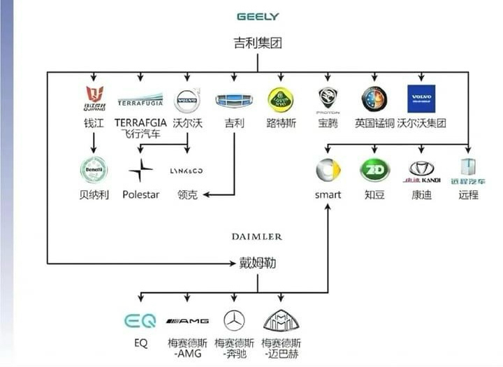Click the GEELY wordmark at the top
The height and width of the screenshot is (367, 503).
click(x=258, y=16)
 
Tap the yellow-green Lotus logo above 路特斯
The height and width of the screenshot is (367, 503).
click(x=281, y=99)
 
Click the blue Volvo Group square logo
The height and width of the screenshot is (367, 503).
click(x=421, y=99)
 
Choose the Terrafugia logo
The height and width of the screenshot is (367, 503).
click(x=140, y=99)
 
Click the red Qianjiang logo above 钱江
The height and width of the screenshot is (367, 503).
click(x=94, y=98)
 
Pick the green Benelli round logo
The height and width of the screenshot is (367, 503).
click(x=93, y=170)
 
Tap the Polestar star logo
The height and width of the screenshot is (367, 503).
click(x=141, y=170)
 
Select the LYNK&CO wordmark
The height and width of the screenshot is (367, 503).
click(x=187, y=171)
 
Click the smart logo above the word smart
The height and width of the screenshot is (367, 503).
click(x=328, y=170)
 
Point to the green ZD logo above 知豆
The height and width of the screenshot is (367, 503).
click(x=374, y=170)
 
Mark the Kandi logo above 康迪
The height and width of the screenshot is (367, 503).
click(x=421, y=170)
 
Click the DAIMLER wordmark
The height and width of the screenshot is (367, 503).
click(x=257, y=237)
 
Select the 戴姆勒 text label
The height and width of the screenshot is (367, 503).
click(x=257, y=264)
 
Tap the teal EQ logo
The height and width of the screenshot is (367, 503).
click(x=140, y=321)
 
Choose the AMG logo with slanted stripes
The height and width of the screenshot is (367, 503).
click(x=187, y=321)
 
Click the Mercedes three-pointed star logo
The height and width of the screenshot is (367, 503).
click(x=234, y=321)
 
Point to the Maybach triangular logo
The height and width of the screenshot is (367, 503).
click(x=281, y=320)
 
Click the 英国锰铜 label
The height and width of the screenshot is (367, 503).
click(x=374, y=123)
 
